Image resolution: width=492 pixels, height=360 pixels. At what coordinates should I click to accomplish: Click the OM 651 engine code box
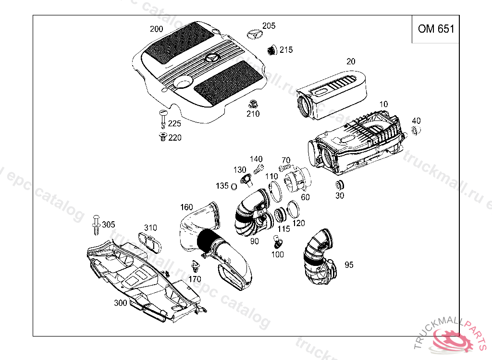pyautogui.click(x=435, y=29)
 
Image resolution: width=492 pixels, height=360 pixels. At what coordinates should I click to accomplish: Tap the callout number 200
pyautogui.click(x=156, y=29)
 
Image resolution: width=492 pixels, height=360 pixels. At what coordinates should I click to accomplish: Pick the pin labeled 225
pyautogui.click(x=163, y=118)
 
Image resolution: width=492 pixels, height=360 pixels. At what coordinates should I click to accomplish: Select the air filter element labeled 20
pyautogui.click(x=332, y=94)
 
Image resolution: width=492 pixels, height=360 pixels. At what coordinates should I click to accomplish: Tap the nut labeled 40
pyautogui.click(x=416, y=130)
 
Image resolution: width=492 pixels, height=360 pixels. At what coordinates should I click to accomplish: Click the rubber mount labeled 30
pyautogui.click(x=340, y=184)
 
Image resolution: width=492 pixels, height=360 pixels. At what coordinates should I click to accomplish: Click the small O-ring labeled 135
pyautogui.click(x=234, y=186)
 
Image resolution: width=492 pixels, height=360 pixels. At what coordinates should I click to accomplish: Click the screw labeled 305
pyautogui.click(x=96, y=225)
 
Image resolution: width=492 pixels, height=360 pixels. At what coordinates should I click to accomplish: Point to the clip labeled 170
pyautogui.click(x=195, y=266)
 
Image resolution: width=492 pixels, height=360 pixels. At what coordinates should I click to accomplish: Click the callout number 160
pyautogui.click(x=186, y=207)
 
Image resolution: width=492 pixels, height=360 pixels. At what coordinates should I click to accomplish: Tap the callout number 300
pyautogui.click(x=121, y=303)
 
